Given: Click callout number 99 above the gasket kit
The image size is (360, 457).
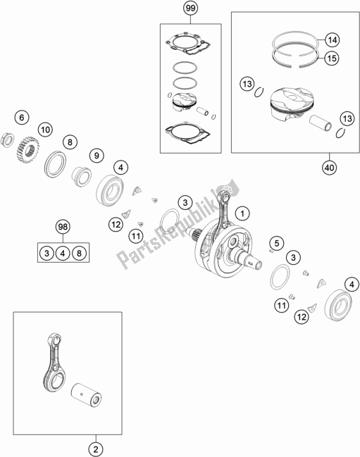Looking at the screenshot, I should point(190,9).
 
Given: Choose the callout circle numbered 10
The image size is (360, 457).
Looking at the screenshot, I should point(46,130).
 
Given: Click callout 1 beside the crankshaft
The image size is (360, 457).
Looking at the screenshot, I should point(242,213).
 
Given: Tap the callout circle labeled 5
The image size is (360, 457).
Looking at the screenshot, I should point(276,244).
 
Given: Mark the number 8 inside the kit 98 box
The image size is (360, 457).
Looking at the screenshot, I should point(79,251).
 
